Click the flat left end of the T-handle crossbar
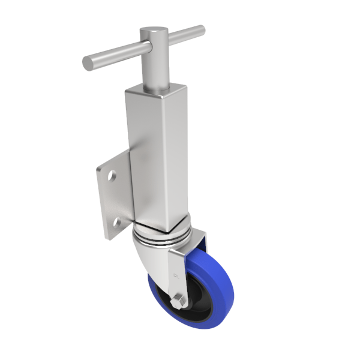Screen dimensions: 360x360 (88, 62)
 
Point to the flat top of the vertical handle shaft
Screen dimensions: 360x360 (154, 31)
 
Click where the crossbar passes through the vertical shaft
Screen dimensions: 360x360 (154, 45)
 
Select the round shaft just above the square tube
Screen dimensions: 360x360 (154, 75)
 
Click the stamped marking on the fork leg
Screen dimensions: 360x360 (176, 277)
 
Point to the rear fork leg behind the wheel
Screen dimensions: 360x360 (201, 243)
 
